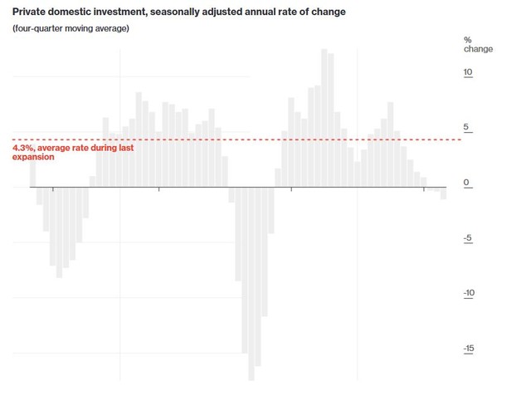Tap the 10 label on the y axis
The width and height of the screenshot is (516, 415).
(468, 73)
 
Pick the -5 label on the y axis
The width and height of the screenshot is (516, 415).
(468, 239)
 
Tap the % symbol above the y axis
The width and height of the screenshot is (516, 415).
(467, 39)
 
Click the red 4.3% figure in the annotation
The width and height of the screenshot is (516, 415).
(24, 149)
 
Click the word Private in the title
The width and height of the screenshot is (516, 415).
(30, 12)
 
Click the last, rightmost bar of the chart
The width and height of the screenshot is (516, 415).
(444, 193)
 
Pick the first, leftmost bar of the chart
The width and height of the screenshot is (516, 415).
(32, 172)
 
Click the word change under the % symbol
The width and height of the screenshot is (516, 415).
(479, 49)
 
